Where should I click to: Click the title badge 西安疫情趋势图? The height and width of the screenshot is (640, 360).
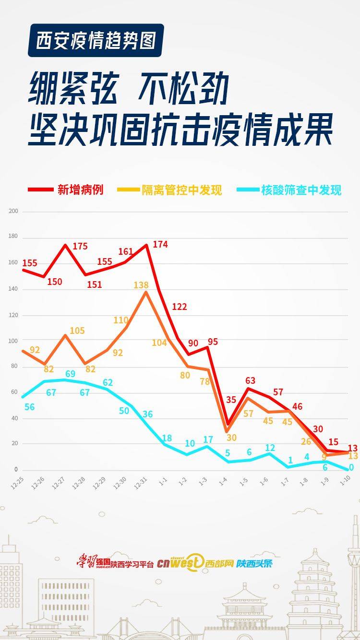tap(96, 40)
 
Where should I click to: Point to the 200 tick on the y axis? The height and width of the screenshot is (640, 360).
tap(13, 211)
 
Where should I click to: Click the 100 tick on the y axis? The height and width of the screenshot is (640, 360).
tap(13, 341)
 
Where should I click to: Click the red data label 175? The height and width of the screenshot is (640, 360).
tap(80, 246)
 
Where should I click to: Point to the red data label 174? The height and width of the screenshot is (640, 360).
tap(160, 244)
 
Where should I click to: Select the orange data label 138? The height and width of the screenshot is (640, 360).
tap(141, 285)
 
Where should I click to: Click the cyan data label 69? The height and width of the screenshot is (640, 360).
tap(70, 374)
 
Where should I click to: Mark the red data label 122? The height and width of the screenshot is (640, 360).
tap(179, 307)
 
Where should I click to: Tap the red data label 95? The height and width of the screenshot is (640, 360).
tap(213, 342)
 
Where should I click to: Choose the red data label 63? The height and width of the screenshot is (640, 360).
tap(250, 381)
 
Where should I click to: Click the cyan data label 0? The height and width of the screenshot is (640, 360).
tap(351, 467)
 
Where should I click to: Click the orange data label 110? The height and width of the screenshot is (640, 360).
tap(121, 320)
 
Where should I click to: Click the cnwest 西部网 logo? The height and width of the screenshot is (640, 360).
tap(195, 563)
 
